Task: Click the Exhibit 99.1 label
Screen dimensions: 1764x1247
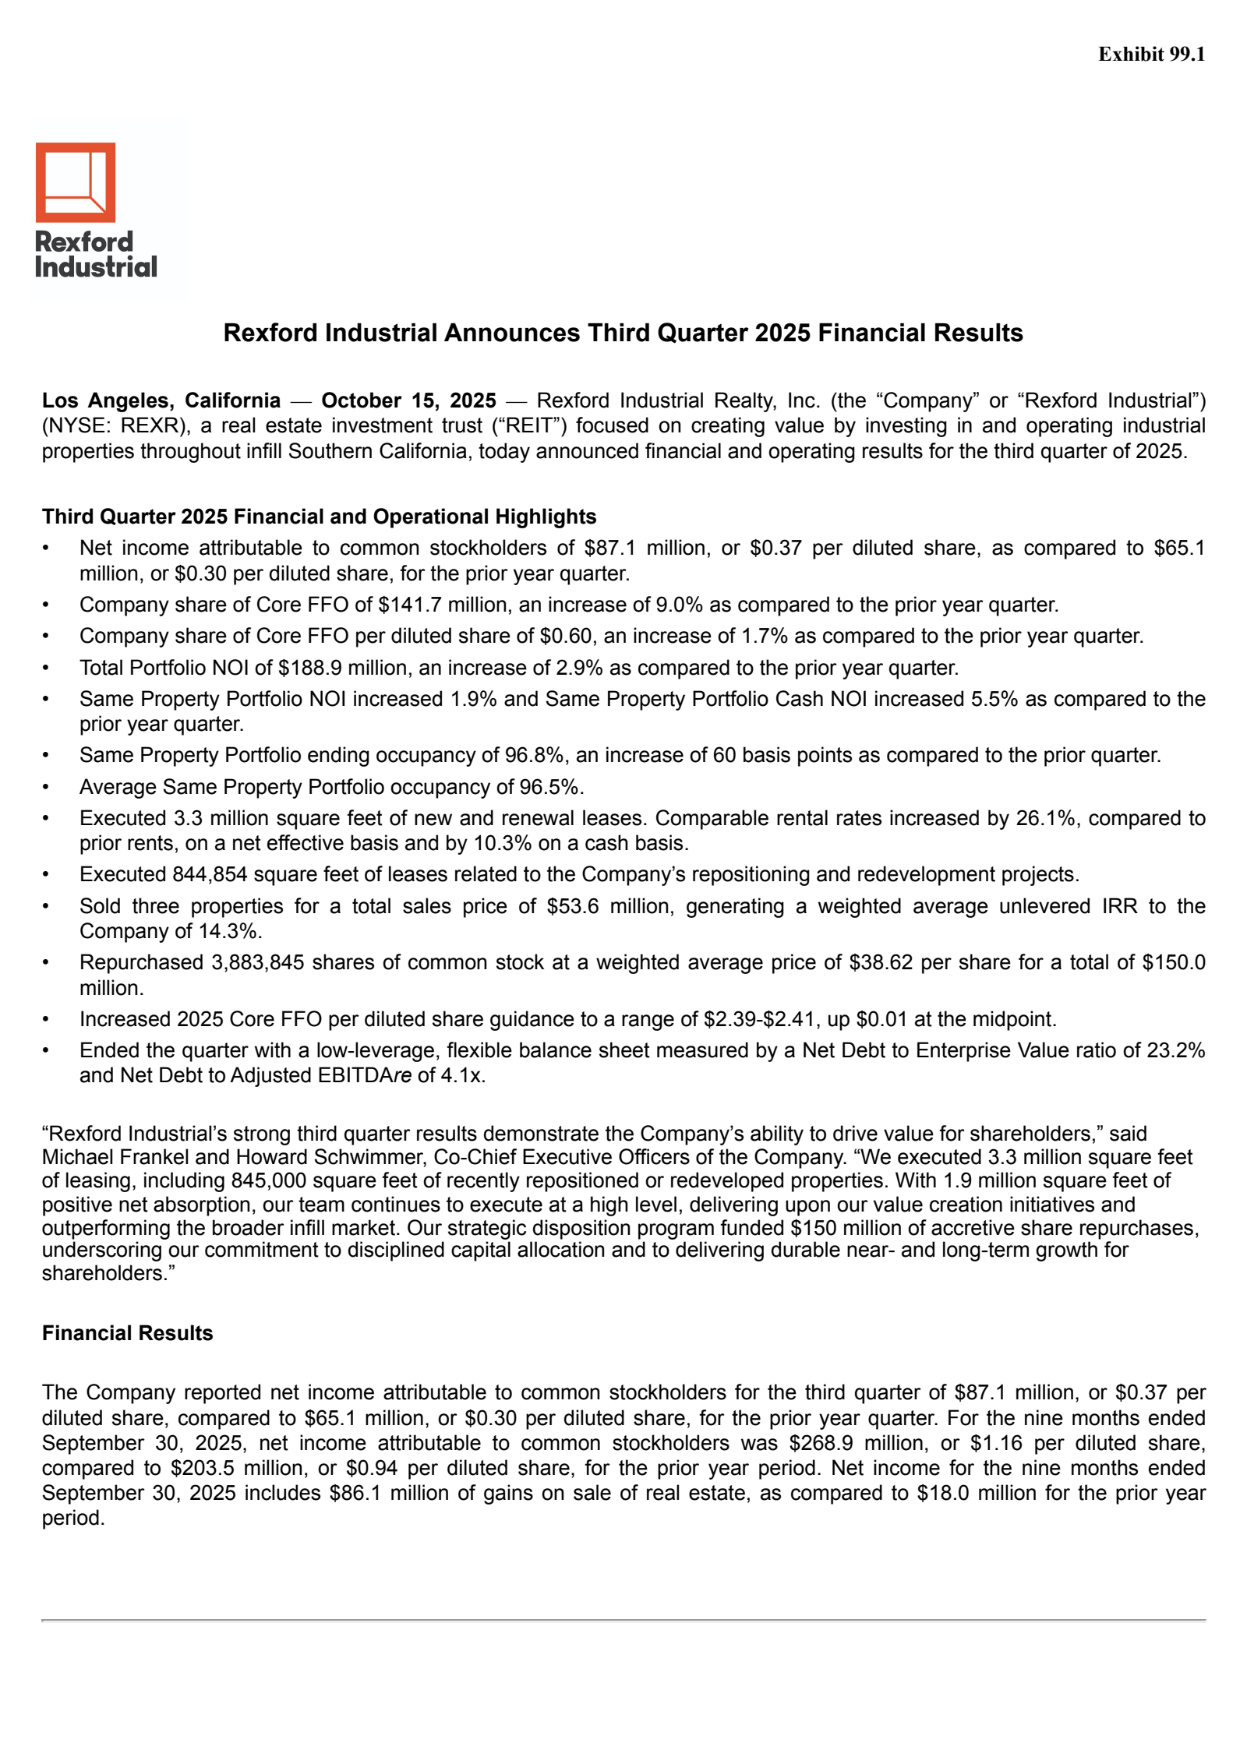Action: pyautogui.click(x=1150, y=54)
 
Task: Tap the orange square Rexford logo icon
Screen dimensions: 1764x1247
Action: pyautogui.click(x=76, y=182)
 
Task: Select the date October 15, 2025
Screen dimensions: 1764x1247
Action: pyautogui.click(x=408, y=400)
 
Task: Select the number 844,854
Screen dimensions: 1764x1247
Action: pyautogui.click(x=210, y=874)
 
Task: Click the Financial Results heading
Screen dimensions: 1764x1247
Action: pyautogui.click(x=127, y=1333)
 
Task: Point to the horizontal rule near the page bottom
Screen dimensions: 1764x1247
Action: pyautogui.click(x=623, y=1620)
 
